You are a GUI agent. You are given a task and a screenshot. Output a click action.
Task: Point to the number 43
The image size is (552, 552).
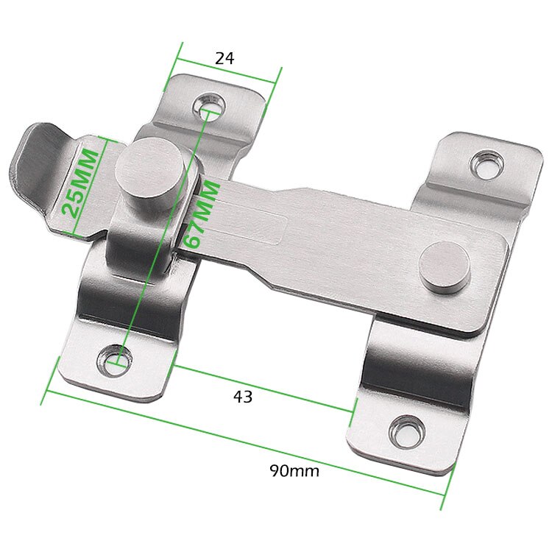pos(243,397)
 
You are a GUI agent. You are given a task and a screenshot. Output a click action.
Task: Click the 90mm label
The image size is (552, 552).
pos(294,471)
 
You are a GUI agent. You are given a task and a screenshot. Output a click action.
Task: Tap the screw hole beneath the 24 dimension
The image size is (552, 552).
pos(211,107)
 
